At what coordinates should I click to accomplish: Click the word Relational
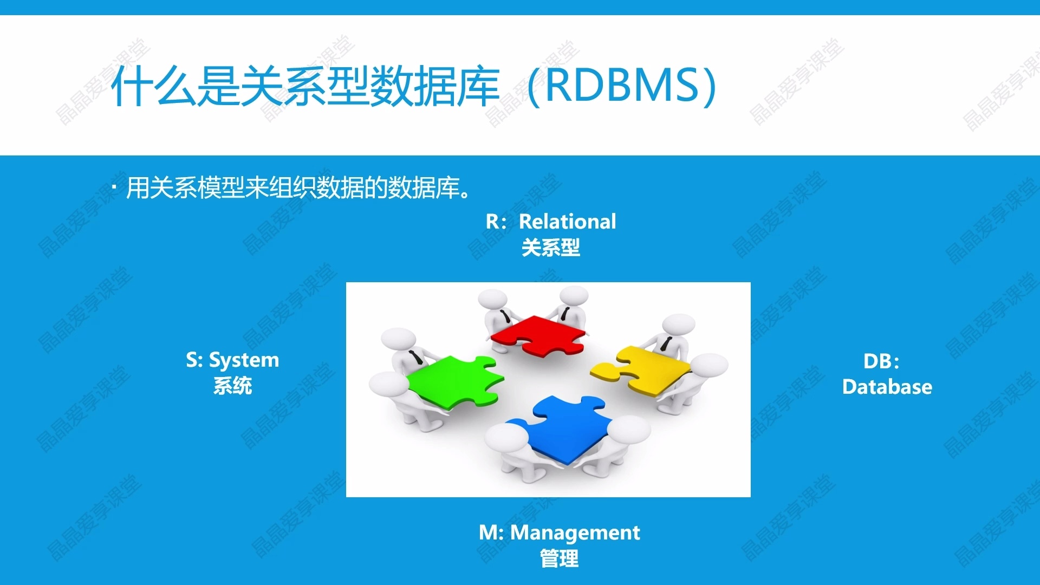[567, 221]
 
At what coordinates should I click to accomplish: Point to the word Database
[887, 387]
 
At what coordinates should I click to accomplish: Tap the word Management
[575, 532]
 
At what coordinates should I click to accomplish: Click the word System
[244, 360]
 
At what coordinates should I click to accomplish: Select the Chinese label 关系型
[550, 248]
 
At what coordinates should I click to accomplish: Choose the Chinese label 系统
[232, 386]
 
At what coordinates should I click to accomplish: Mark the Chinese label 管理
[559, 558]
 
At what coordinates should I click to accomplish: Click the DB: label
[881, 361]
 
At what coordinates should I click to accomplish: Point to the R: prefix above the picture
[496, 221]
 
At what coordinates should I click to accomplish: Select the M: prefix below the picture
[491, 532]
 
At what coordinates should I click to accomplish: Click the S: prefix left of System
[194, 360]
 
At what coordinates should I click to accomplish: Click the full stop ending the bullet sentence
[465, 194]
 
